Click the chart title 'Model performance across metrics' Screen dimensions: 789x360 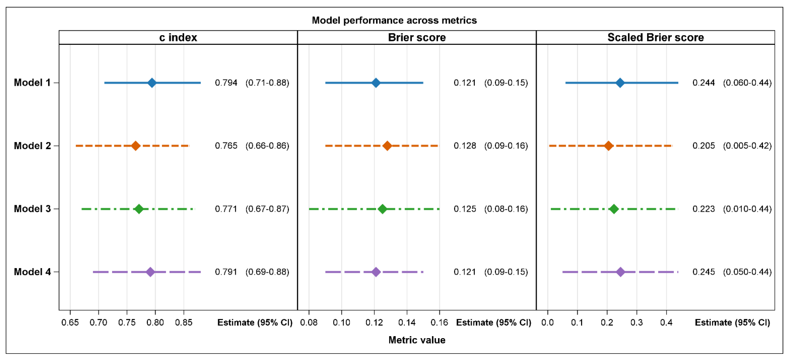click(x=394, y=20)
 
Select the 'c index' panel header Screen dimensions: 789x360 click(x=178, y=37)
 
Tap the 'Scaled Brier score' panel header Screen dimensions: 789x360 click(x=655, y=37)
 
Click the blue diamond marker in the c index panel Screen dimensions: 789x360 click(x=152, y=83)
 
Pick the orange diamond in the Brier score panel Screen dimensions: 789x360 click(x=387, y=146)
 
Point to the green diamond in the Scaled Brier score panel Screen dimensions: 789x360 click(x=614, y=209)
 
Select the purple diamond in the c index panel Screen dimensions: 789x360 click(x=150, y=272)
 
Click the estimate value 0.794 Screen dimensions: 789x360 click(x=226, y=83)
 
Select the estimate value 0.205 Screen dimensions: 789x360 click(x=704, y=146)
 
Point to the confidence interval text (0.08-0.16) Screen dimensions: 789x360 click(x=506, y=209)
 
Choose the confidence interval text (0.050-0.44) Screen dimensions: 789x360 click(x=747, y=272)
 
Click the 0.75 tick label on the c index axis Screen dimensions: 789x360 click(x=127, y=322)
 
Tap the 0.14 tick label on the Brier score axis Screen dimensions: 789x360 click(x=407, y=322)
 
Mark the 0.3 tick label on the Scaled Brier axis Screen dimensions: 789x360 click(x=636, y=322)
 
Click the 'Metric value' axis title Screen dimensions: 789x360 click(x=417, y=340)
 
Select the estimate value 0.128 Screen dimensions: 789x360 click(x=465, y=146)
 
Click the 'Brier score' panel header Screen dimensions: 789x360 click(x=417, y=37)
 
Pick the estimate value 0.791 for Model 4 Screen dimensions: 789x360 click(x=226, y=272)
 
